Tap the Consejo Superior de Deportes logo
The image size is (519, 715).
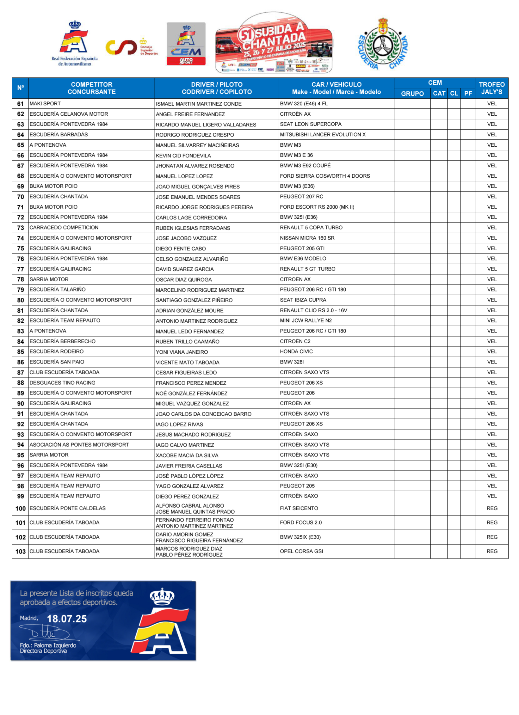pyautogui.click(x=131, y=47)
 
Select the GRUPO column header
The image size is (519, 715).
pyautogui.click(x=412, y=94)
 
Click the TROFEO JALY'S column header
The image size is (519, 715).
pyautogui.click(x=491, y=88)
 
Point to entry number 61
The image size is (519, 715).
pyautogui.click(x=21, y=104)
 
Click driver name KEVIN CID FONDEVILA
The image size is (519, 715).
pyautogui.click(x=183, y=156)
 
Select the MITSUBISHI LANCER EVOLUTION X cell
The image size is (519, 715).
pyautogui.click(x=323, y=135)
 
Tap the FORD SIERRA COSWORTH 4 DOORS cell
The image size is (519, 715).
pyautogui.click(x=325, y=176)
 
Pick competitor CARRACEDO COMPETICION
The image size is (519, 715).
pyautogui.click(x=64, y=228)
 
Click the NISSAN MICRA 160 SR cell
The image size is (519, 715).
pyautogui.click(x=307, y=238)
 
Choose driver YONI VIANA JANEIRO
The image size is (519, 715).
pyautogui.click(x=182, y=352)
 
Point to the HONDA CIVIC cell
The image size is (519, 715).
pyautogui.click(x=296, y=351)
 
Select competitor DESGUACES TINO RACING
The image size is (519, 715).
pyautogui.click(x=62, y=383)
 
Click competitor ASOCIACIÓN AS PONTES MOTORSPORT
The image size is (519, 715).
pyautogui.click(x=79, y=445)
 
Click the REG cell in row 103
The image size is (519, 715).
pyautogui.click(x=492, y=551)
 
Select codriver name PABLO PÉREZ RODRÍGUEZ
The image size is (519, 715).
pyautogui.click(x=189, y=555)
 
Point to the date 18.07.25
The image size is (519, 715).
pyautogui.click(x=67, y=619)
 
